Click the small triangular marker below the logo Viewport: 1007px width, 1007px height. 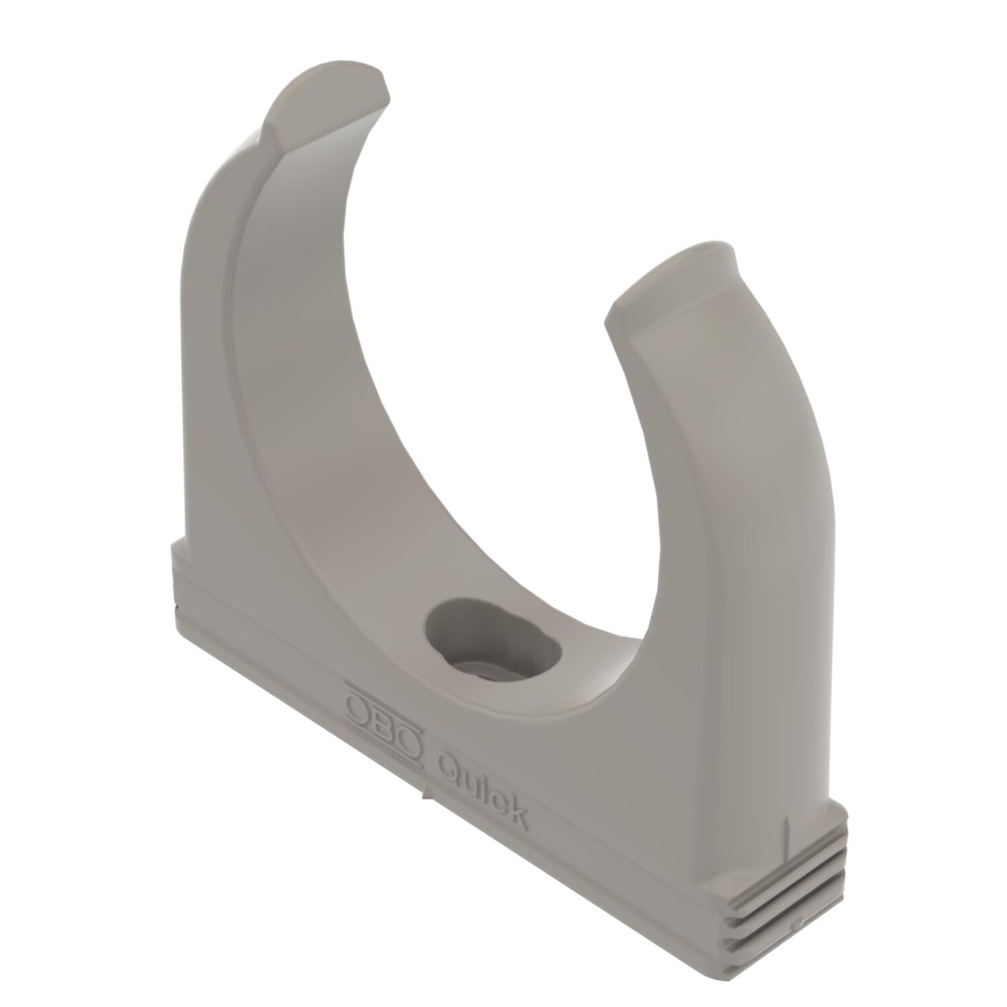[428, 790]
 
